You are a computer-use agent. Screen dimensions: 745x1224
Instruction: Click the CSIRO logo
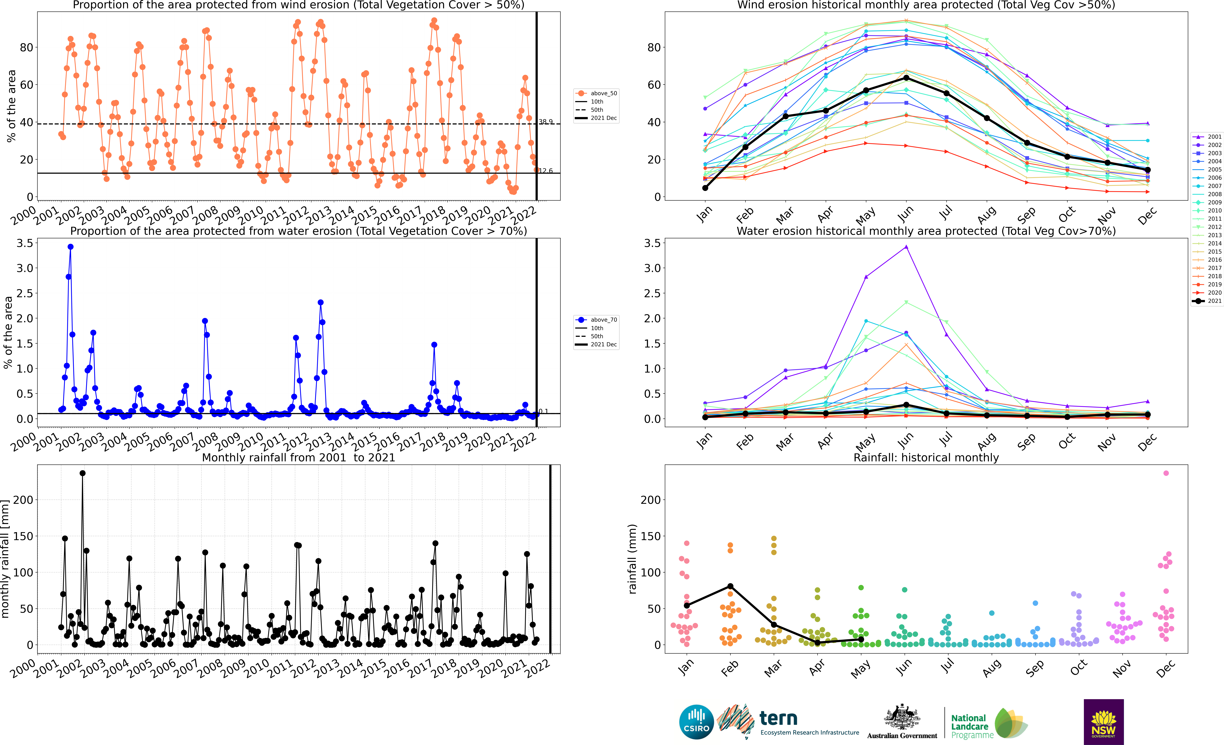pyautogui.click(x=696, y=722)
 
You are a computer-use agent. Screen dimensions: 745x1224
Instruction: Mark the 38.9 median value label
pyautogui.click(x=545, y=122)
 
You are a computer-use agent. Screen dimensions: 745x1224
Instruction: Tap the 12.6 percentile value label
pyautogui.click(x=545, y=171)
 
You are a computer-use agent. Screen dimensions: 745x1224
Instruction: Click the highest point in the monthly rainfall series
pyautogui.click(x=82, y=473)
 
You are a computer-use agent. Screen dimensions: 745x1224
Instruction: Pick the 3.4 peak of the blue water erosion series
pyautogui.click(x=71, y=247)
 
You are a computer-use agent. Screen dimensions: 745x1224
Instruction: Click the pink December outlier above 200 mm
pyautogui.click(x=1166, y=473)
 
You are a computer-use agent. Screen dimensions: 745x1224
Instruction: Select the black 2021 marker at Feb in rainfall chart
pyautogui.click(x=730, y=587)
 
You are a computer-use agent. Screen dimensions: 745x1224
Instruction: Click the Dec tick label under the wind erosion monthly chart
pyautogui.click(x=1147, y=216)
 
